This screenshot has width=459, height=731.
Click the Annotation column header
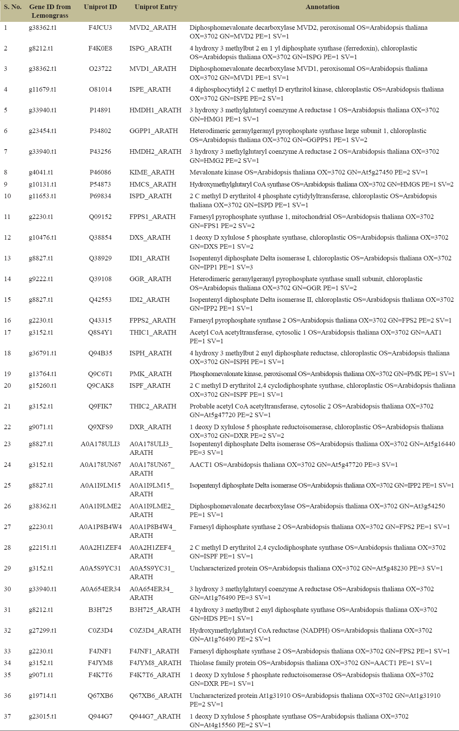(322, 7)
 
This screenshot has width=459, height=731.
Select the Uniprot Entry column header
(156, 7)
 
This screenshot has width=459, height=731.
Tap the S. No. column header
(13, 7)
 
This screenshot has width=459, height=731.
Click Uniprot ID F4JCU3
(100, 28)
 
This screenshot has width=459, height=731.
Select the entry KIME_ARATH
(152, 172)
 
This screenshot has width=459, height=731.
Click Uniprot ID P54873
(100, 184)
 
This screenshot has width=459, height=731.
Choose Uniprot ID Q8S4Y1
(100, 332)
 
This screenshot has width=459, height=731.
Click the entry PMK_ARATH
(150, 374)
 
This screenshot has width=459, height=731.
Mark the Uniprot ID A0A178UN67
(100, 465)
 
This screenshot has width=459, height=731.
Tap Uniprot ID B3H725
(100, 610)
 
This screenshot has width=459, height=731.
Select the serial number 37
(8, 716)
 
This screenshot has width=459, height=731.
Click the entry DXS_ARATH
(150, 237)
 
